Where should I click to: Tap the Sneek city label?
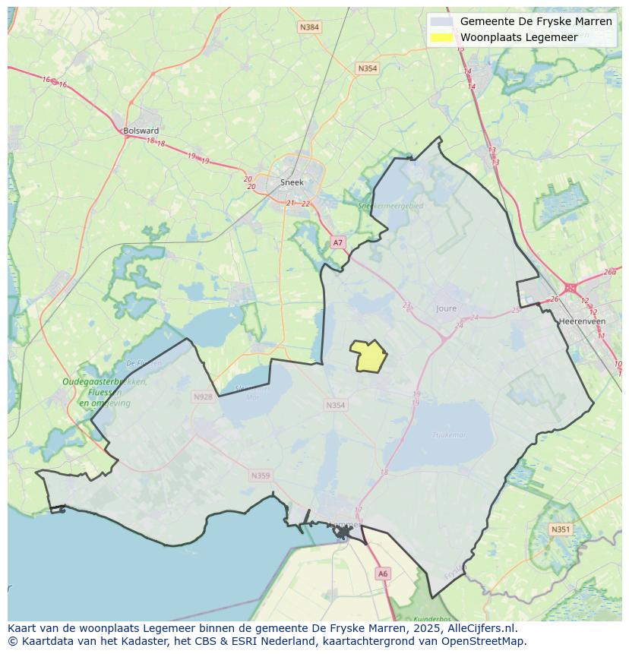pos(292,182)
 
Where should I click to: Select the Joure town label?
pos(447,308)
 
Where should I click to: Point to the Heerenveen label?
pos(581,321)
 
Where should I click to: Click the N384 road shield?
pos(310,27)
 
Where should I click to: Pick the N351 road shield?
pos(560,529)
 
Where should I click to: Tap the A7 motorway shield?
pos(338,242)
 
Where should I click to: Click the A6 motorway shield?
pos(383,574)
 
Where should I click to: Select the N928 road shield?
pos(203,397)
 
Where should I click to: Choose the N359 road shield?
pos(260,475)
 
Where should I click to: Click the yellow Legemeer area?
pos(369,356)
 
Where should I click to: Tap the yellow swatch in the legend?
pos(441,37)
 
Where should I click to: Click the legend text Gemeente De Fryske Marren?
pos(536,21)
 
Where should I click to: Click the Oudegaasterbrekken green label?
pos(105,382)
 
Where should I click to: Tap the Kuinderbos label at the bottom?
pos(433,619)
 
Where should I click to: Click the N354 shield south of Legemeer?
pos(336,405)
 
